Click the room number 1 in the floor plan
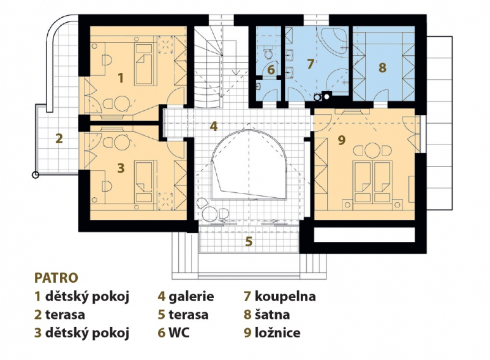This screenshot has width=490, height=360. pos(121,78)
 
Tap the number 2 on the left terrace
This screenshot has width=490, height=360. pos(59,138)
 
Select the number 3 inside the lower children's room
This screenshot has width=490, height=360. pos(121,168)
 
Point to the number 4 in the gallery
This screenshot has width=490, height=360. pos(214,126)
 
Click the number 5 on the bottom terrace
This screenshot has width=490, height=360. pos(249,241)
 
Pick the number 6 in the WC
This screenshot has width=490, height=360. pos(271,70)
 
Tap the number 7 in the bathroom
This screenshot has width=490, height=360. pos(310,64)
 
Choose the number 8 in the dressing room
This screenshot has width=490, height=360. pos(382,68)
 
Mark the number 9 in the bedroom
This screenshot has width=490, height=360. pos(342,140)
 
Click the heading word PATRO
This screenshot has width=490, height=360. pos(56,278)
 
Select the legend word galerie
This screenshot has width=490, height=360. pos(191,296)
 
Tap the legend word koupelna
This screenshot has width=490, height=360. pos(285,296)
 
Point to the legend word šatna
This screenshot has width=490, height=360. pos(272,314)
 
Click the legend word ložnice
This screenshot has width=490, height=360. pos(277,332)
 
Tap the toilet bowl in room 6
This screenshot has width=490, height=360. pos(268,54)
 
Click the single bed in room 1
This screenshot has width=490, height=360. pos(144,64)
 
